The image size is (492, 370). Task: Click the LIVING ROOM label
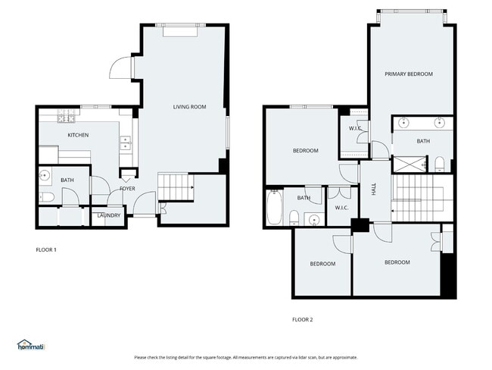pyautogui.click(x=189, y=107)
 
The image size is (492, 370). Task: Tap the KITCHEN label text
pyautogui.click(x=78, y=135)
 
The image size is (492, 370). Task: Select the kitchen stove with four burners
pyautogui.click(x=66, y=118)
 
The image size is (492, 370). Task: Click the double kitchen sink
pyautogui.click(x=125, y=142)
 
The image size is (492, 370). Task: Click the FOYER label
pyautogui.click(x=127, y=189)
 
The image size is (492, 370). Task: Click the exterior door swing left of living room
pyautogui.click(x=122, y=69)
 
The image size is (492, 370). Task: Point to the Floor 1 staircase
pyautogui.click(x=175, y=186)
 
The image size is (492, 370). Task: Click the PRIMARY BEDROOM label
pyautogui.click(x=408, y=74)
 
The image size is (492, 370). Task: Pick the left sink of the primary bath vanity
pyautogui.click(x=403, y=122)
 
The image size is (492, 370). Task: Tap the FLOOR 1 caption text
pyautogui.click(x=46, y=249)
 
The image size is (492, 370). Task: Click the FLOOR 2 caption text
pyautogui.click(x=302, y=319)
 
